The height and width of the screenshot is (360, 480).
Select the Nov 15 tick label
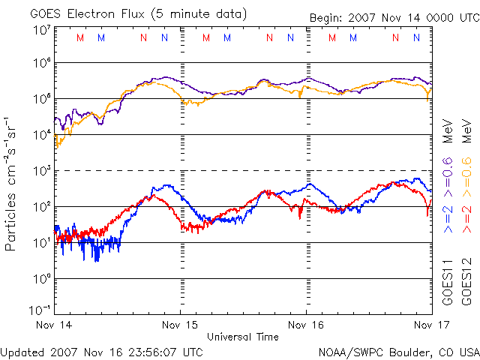[181, 325]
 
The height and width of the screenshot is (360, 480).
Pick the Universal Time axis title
[243, 337]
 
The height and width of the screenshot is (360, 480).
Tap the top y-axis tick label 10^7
[42, 30]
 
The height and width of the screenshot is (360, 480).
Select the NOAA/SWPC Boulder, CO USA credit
[398, 351]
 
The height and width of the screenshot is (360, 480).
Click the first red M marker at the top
[81, 37]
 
